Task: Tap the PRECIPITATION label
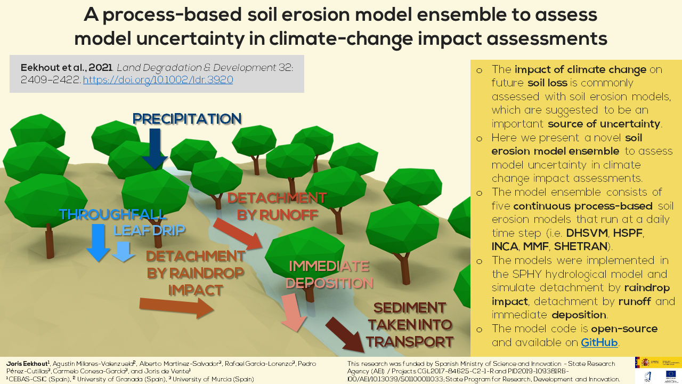(x=187, y=118)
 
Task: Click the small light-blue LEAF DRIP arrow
(x=124, y=251)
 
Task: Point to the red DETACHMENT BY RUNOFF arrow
(x=238, y=234)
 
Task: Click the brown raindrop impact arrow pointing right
(x=176, y=307)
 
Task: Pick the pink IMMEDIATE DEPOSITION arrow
(x=294, y=313)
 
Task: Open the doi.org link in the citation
(x=158, y=80)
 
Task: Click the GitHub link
(x=599, y=342)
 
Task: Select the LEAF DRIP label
(x=149, y=230)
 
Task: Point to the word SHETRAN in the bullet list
(x=580, y=246)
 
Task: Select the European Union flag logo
(x=670, y=375)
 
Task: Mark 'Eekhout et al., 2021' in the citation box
(x=65, y=68)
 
